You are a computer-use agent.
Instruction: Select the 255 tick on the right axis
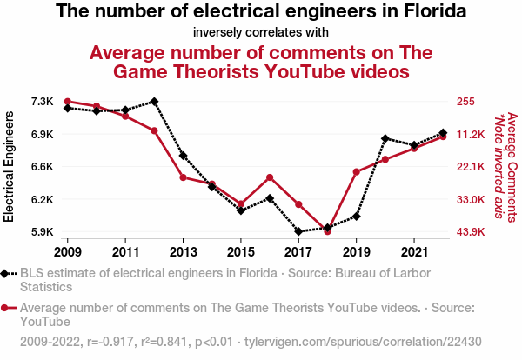tap(465, 102)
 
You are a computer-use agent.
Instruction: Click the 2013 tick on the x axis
tap(183, 251)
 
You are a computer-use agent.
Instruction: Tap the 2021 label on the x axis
tap(413, 251)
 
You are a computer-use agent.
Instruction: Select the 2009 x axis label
tap(68, 251)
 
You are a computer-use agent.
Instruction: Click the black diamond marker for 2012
tap(154, 102)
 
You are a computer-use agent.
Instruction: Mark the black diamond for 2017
tap(298, 232)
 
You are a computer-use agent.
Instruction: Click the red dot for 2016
tap(270, 177)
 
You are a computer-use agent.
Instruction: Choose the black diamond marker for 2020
tap(385, 139)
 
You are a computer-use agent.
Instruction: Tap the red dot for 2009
tap(68, 102)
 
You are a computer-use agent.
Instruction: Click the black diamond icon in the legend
tap(8, 273)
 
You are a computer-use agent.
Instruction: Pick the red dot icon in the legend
tap(8, 308)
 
